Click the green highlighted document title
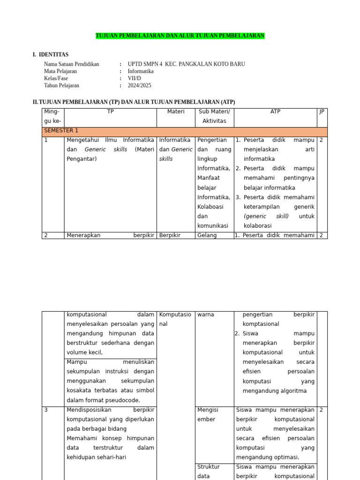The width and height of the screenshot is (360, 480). (180, 36)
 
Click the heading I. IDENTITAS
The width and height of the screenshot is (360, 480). (51, 55)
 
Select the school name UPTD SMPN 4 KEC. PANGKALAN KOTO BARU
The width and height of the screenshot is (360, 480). (186, 64)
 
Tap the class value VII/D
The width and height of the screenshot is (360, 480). (134, 78)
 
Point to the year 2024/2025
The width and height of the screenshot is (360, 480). (139, 85)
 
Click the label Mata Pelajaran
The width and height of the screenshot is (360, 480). (60, 71)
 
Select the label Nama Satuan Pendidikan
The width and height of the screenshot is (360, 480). (71, 64)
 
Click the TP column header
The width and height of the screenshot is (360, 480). (110, 112)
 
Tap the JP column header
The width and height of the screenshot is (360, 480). (322, 112)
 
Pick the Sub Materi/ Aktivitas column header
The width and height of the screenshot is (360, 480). (214, 116)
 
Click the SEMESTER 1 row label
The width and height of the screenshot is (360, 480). (61, 131)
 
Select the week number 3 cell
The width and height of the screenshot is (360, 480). (46, 410)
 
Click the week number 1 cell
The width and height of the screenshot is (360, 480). (46, 140)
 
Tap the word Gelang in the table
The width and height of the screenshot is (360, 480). (207, 235)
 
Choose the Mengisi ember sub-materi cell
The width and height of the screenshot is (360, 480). (208, 414)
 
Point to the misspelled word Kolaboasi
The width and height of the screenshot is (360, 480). (210, 206)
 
